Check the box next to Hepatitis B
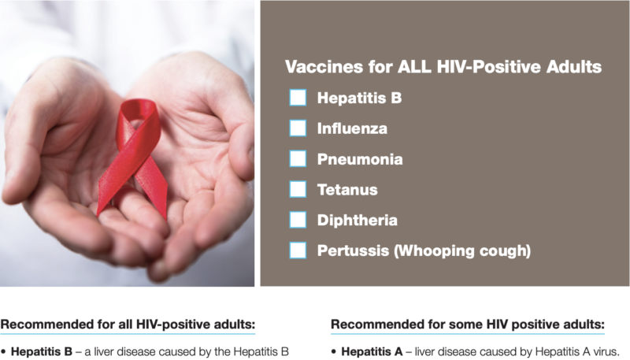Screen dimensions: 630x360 click(x=298, y=98)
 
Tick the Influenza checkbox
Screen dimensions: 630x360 click(x=298, y=128)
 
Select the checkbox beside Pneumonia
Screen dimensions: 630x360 click(x=298, y=158)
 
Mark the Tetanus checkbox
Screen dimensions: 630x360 click(x=298, y=189)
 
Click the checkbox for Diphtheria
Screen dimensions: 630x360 click(x=298, y=220)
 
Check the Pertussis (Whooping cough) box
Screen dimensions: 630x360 click(x=298, y=251)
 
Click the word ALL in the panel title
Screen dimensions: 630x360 click(x=415, y=67)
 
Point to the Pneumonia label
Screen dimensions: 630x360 click(x=360, y=159)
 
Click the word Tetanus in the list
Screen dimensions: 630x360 click(x=347, y=190)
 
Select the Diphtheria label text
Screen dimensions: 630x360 click(x=358, y=221)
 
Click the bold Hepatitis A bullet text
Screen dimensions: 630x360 click(x=372, y=352)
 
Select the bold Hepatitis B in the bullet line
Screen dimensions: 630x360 click(x=42, y=352)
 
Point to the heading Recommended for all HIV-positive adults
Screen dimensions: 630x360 click(x=128, y=325)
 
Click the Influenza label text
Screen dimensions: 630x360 click(x=352, y=128)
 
